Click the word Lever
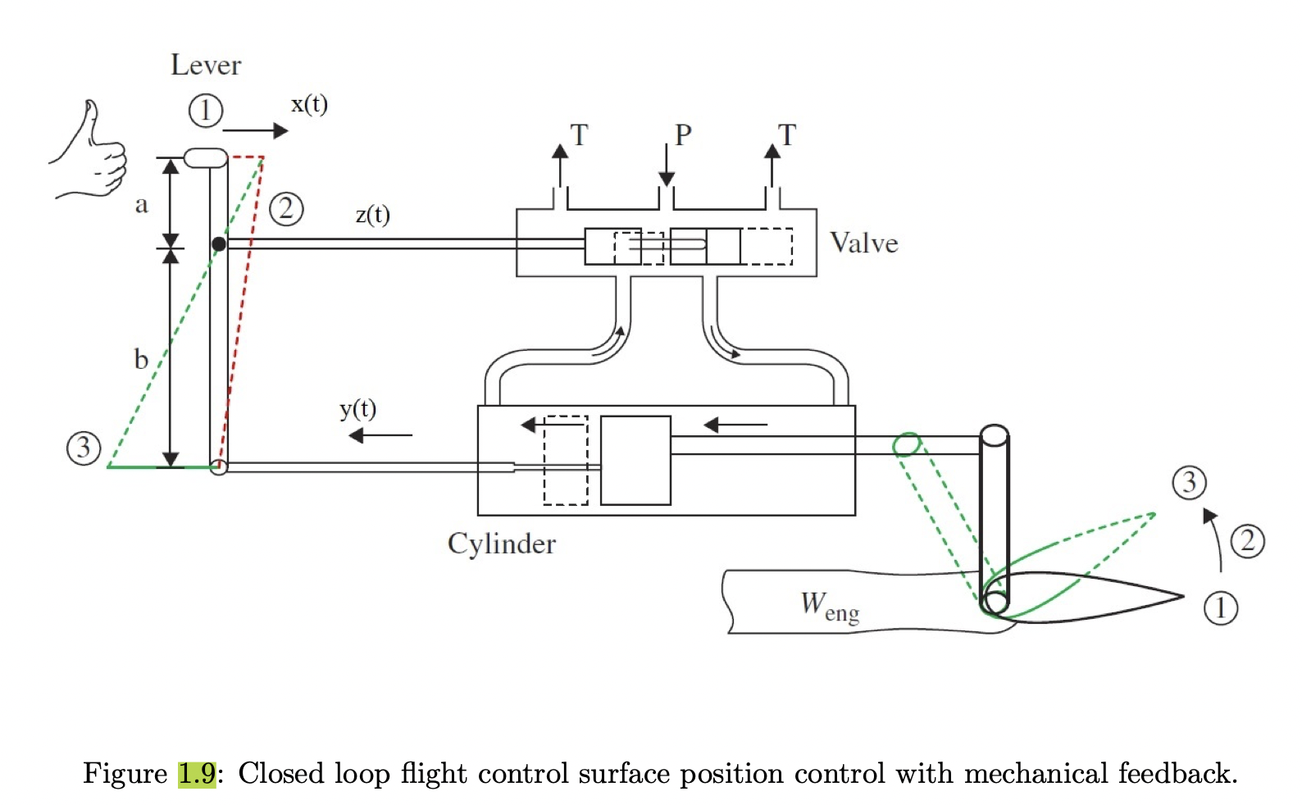tap(206, 66)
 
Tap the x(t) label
tap(309, 105)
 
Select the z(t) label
tap(372, 215)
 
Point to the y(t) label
tap(357, 408)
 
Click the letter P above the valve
tap(683, 135)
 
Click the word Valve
tap(863, 243)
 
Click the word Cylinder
tap(501, 544)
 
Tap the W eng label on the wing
tap(829, 607)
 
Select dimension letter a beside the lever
tap(142, 204)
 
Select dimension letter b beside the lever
tap(141, 359)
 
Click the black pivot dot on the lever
tap(219, 244)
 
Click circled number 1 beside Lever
tap(206, 111)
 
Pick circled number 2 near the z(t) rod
tap(286, 209)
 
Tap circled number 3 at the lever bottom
tap(84, 448)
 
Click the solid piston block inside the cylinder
tap(635, 460)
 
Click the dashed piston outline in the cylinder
tap(566, 460)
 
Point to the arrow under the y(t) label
tap(380, 435)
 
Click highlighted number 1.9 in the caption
tap(197, 773)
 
